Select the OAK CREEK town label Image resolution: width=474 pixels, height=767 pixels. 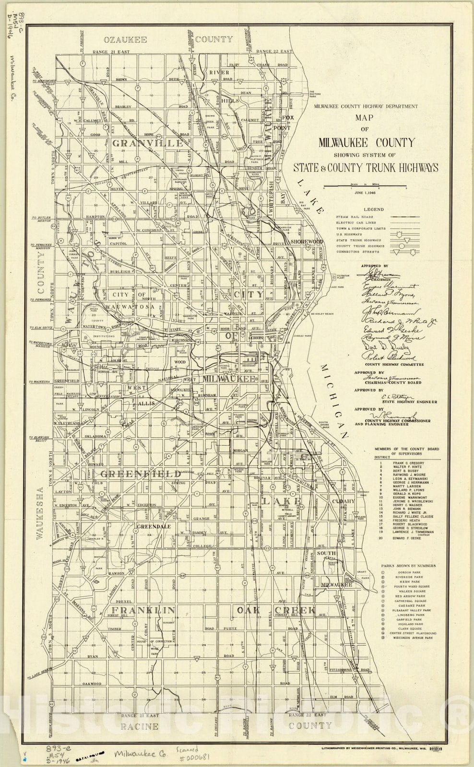[x=276, y=610]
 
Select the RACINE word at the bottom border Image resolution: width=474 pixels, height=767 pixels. [x=139, y=726]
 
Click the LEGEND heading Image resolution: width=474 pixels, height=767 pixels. [x=373, y=209]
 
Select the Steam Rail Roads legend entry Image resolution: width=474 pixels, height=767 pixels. [x=352, y=217]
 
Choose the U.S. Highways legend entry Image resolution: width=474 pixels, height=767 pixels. [x=349, y=234]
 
